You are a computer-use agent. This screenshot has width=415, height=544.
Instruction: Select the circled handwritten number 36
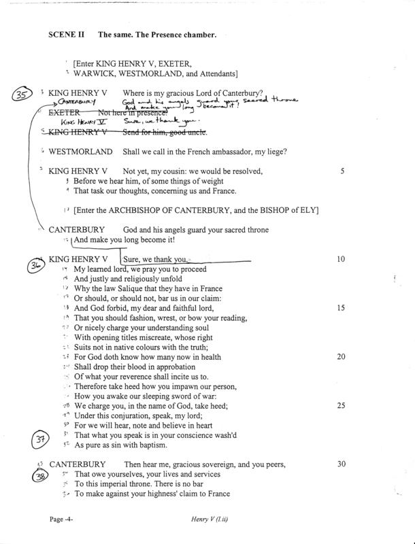35,267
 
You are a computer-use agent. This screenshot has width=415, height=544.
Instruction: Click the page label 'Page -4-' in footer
66,520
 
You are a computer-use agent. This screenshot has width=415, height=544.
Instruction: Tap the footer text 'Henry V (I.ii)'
216,520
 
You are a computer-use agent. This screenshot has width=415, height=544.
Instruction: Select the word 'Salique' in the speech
137,289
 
